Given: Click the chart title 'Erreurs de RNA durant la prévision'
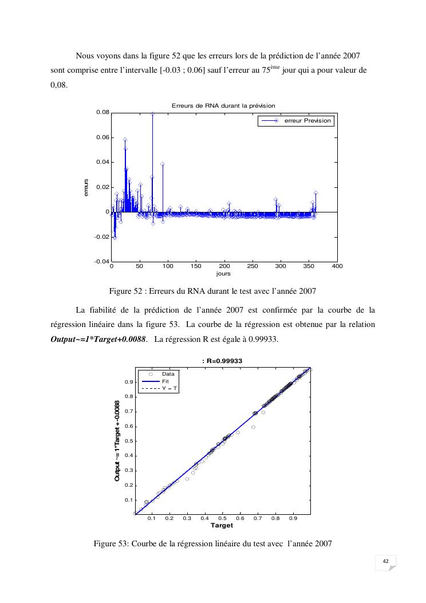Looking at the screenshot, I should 223,105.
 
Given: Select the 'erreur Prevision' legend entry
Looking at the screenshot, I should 307,121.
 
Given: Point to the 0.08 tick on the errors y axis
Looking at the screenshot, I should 102,113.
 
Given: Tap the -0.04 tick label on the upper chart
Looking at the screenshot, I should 101,262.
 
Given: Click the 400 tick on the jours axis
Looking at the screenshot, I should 337,267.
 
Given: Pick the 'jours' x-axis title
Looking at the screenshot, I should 224,274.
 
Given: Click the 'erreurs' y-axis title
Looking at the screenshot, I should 86,188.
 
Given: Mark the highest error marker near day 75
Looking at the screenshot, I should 153,114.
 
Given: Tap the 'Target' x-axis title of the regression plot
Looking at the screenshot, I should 222,525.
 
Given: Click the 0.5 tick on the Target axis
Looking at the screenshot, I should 222,518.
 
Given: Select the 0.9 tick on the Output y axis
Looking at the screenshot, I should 129,382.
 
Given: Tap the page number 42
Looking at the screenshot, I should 385,561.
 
